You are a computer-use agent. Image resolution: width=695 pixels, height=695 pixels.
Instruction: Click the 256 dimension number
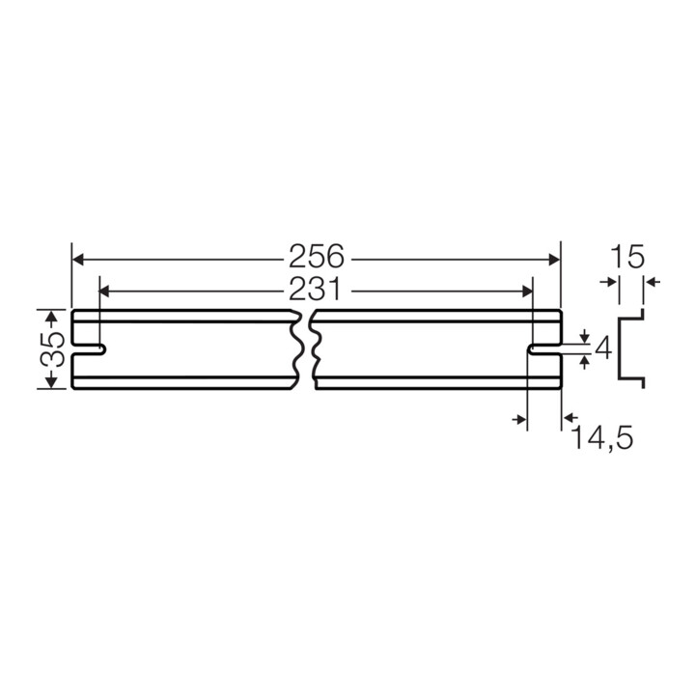pyautogui.click(x=316, y=256)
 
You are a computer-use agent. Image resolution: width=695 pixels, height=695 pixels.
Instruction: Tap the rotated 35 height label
pyautogui.click(x=53, y=349)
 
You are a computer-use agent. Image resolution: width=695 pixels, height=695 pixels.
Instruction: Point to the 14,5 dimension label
pyautogui.click(x=603, y=437)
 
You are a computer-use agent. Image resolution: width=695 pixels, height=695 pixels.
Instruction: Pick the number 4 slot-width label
pyautogui.click(x=602, y=347)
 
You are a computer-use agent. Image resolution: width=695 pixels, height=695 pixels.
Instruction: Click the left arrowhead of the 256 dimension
pyautogui.click(x=78, y=260)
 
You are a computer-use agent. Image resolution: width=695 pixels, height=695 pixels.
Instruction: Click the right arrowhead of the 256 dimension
pyautogui.click(x=554, y=260)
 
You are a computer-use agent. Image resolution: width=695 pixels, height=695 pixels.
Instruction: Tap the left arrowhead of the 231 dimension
pyautogui.click(x=103, y=292)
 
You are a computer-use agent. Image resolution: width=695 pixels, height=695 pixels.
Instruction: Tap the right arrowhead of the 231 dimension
pyautogui.click(x=527, y=292)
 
